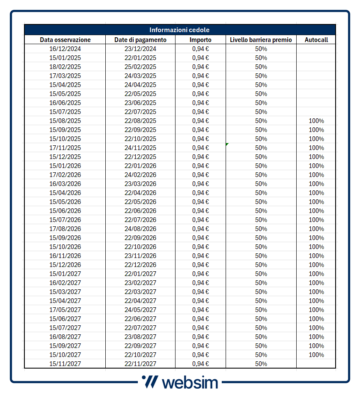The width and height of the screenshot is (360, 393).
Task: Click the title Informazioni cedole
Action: pyautogui.click(x=179, y=30)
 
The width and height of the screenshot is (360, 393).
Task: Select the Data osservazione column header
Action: pyautogui.click(x=65, y=40)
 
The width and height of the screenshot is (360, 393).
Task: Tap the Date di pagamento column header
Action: pyautogui.click(x=140, y=40)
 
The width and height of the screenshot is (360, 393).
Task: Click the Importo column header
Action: pyautogui.click(x=200, y=40)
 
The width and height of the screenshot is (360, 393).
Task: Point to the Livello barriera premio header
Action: pyautogui.click(x=261, y=40)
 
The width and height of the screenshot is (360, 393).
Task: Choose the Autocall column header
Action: pyautogui.click(x=316, y=40)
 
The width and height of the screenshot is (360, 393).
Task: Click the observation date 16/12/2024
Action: pyautogui.click(x=65, y=49)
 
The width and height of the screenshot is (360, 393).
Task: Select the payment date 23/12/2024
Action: pyautogui.click(x=140, y=49)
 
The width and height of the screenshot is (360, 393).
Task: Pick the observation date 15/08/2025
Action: pyautogui.click(x=65, y=121)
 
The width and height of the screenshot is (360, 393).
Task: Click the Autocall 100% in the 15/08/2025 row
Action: pyautogui.click(x=316, y=121)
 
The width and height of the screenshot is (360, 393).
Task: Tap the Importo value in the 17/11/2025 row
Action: pyautogui.click(x=200, y=148)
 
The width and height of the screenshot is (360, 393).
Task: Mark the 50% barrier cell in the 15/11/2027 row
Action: pyautogui.click(x=261, y=364)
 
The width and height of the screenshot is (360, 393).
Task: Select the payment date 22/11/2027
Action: pyautogui.click(x=140, y=364)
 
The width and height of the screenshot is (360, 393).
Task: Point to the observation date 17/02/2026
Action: pyautogui.click(x=65, y=175)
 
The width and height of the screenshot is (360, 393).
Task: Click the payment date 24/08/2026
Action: pyautogui.click(x=140, y=229)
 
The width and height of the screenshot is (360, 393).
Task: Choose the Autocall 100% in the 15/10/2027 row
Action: pyautogui.click(x=316, y=355)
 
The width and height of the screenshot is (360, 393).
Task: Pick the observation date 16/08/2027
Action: pyautogui.click(x=65, y=337)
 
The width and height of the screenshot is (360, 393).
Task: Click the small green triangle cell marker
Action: pyautogui.click(x=227, y=144)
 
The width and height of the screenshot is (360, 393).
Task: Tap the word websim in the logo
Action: pyautogui.click(x=190, y=382)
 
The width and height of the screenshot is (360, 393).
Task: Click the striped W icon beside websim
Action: pyautogui.click(x=150, y=381)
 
